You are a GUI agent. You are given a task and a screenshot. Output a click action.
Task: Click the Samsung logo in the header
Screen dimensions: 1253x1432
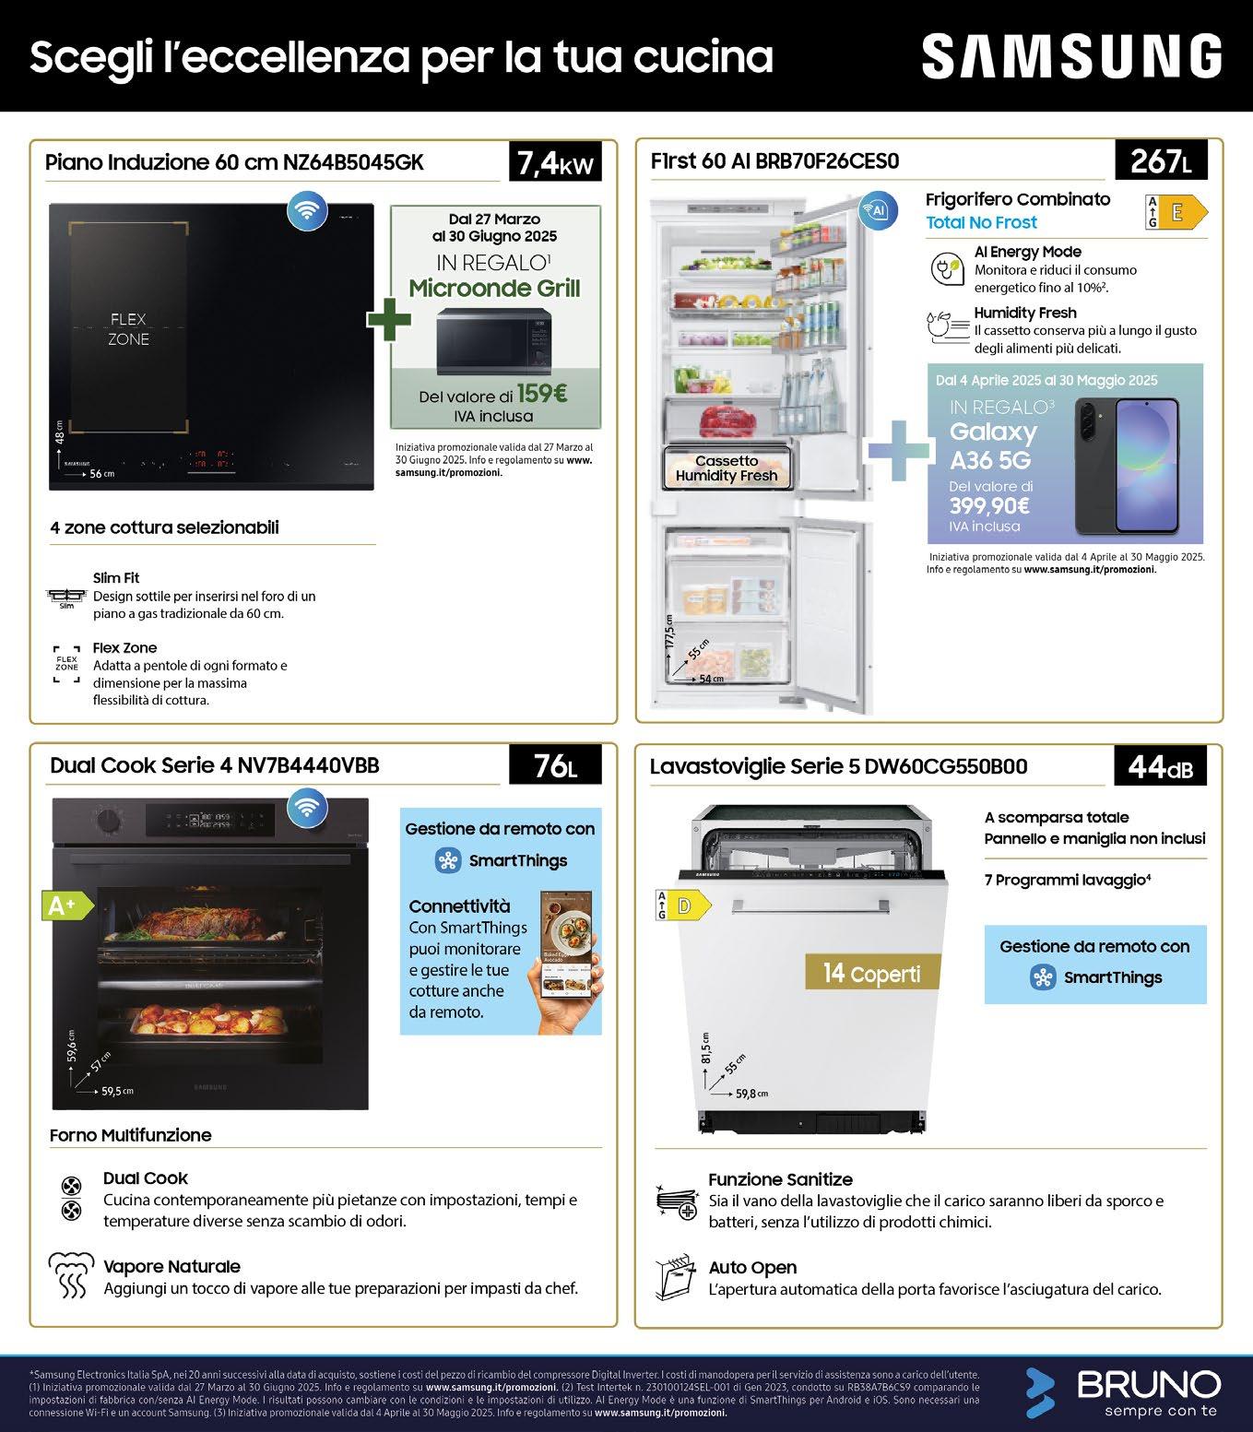1071,57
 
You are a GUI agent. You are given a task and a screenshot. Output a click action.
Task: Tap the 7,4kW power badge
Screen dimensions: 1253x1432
555,163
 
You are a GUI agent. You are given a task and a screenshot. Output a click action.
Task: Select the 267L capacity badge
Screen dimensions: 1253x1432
1161,161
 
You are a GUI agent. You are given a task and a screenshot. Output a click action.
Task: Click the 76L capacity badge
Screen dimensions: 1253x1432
555,765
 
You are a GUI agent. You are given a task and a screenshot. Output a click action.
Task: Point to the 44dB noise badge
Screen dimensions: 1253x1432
1161,765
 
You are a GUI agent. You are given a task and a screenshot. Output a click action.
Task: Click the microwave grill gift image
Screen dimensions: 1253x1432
494,341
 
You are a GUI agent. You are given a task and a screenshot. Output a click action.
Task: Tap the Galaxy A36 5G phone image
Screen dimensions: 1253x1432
1126,466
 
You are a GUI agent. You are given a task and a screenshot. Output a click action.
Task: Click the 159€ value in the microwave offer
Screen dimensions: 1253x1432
541,394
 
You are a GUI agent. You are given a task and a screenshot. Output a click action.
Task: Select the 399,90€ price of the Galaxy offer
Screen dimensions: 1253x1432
989,505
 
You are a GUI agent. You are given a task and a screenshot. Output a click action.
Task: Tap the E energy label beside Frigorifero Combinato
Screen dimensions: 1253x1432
1175,212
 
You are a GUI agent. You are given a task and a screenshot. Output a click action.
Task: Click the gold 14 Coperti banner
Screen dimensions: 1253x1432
871,973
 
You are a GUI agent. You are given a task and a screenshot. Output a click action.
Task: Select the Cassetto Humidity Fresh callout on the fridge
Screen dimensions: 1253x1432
727,468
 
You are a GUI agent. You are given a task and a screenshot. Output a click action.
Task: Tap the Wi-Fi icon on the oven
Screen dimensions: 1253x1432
305,809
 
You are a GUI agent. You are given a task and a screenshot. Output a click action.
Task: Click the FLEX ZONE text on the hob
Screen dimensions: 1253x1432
129,329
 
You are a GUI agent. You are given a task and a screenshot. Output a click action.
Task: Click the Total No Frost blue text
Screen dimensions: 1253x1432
981,222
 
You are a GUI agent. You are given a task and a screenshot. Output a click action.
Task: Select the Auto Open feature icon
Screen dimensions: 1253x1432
673,1278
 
